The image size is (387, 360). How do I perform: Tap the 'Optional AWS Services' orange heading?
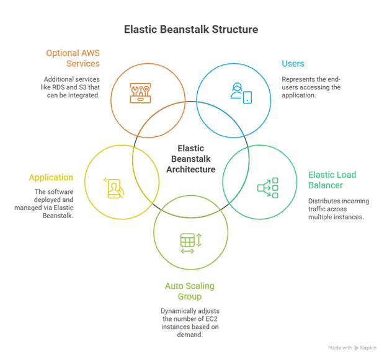[x=73, y=58]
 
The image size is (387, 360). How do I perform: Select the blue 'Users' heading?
[x=293, y=64]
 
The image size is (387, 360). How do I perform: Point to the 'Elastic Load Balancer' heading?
[x=332, y=180]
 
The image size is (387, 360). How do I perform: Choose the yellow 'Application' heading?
[x=51, y=178]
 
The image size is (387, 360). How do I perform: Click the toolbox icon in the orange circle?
[x=143, y=92]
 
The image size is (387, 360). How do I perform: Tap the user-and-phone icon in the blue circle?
[x=240, y=92]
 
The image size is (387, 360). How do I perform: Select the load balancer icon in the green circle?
[x=268, y=187]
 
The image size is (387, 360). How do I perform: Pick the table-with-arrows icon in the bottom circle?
[x=190, y=241]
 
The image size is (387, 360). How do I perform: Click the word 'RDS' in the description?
[x=67, y=89]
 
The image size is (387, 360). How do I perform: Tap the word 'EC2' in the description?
[x=210, y=318]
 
